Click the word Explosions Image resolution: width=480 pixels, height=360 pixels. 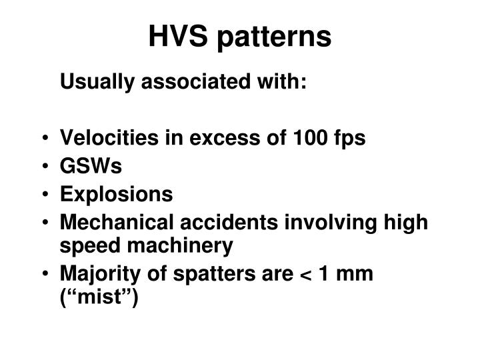coord(116,195)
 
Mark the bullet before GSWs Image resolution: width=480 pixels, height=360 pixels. coord(45,167)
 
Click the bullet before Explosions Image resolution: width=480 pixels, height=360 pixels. coord(45,195)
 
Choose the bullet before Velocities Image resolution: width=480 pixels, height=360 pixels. coord(45,139)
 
